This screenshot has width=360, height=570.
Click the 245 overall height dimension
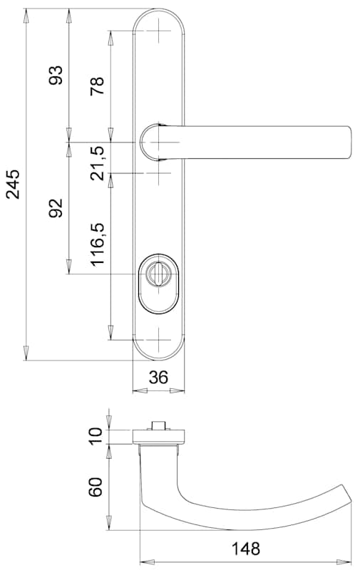13,184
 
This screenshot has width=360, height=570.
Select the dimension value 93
56,76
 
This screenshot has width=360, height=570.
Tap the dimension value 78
97,86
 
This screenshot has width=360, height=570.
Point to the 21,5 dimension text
97,163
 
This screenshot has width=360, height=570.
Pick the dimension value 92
56,208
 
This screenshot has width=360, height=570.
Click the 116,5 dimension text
98,244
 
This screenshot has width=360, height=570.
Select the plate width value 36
158,378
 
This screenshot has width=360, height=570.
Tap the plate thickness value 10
96,436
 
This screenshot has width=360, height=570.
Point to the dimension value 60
96,487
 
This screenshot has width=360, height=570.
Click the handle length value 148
246,549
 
